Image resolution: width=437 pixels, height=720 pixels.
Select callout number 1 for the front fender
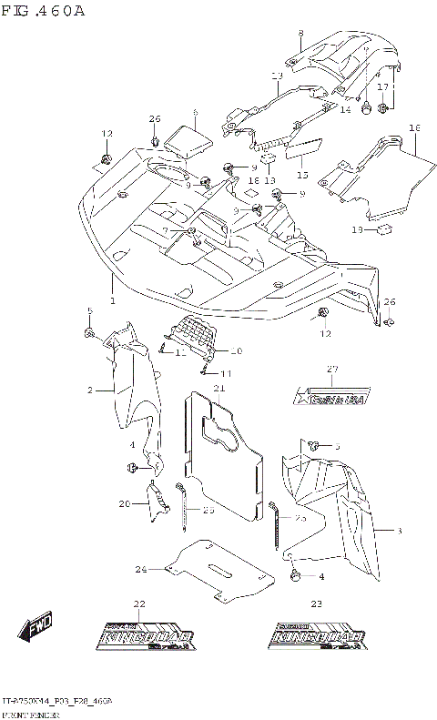pos(112,300)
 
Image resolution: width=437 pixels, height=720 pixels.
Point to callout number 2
pos(91,390)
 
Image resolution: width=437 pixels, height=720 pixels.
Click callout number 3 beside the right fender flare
pos(399,529)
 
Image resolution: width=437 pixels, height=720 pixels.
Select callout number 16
pos(414,128)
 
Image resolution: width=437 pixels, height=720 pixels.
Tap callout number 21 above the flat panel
pos(218,389)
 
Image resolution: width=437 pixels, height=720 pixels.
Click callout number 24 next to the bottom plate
pos(141,570)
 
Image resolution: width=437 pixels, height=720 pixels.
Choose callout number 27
pos(331,369)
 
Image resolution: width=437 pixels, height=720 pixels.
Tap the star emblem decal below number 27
pos(331,396)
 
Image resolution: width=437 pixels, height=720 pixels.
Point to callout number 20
pos(125,503)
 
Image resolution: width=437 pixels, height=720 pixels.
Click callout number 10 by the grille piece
pos(237,351)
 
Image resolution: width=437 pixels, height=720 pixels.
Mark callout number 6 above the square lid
pos(194,113)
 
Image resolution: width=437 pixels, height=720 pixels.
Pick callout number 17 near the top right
pos(383,86)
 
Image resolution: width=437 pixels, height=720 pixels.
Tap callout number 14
pos(345,109)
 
